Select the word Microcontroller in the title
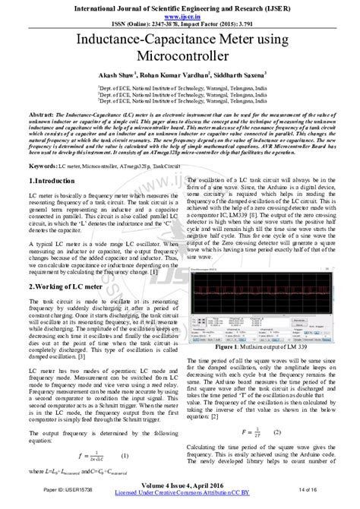tap(180, 57)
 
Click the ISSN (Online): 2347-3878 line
tap(180, 23)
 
